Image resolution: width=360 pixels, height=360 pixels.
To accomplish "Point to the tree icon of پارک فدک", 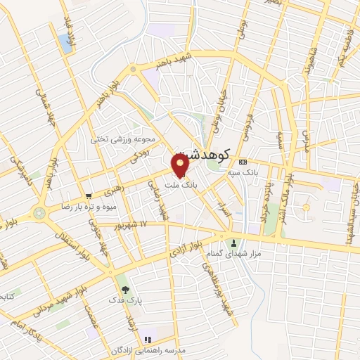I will pos(125,289).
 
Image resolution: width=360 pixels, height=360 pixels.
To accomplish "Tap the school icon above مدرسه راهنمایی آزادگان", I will pos(147,340).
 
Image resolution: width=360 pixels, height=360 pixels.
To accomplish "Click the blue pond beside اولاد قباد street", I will pos(67,44).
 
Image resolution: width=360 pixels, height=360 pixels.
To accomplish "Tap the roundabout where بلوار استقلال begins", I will pos(38,211).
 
